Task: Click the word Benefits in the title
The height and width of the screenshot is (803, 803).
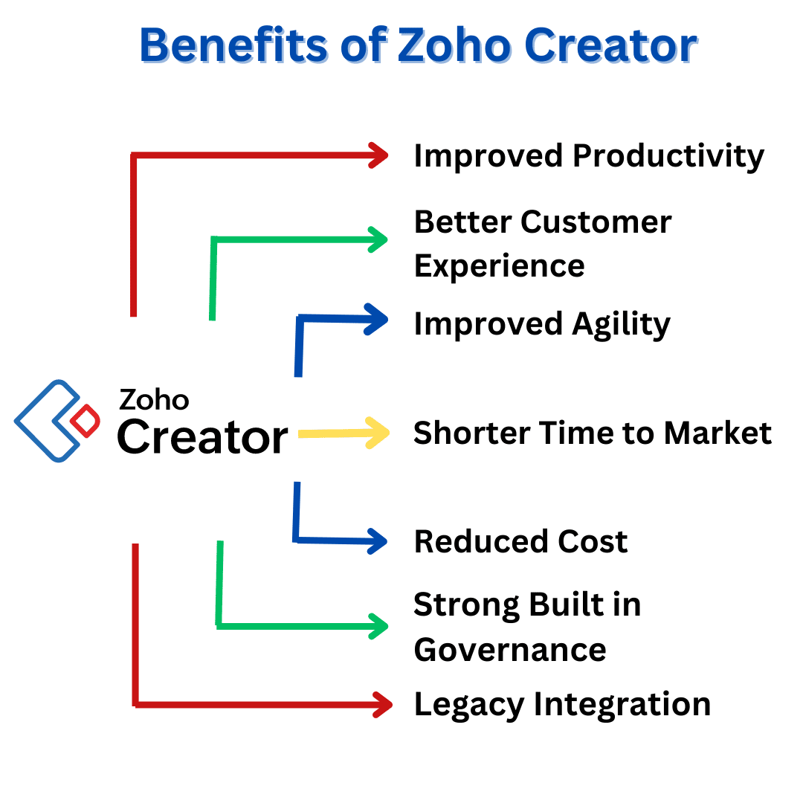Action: pyautogui.click(x=233, y=45)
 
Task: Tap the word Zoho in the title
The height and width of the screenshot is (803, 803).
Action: pyautogui.click(x=454, y=45)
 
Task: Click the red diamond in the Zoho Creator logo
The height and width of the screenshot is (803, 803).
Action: pyautogui.click(x=85, y=421)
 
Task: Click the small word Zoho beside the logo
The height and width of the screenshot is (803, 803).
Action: pyautogui.click(x=154, y=399)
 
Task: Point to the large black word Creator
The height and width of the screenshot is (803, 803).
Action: pyautogui.click(x=203, y=437)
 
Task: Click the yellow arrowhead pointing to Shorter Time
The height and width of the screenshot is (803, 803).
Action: pyautogui.click(x=378, y=433)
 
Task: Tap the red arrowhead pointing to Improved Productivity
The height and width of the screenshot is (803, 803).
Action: pyautogui.click(x=378, y=155)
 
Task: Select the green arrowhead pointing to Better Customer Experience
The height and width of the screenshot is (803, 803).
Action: pyautogui.click(x=378, y=239)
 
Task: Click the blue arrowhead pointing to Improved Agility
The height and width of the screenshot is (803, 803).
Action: pyautogui.click(x=376, y=320)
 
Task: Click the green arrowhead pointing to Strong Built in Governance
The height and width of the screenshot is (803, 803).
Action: pyautogui.click(x=378, y=626)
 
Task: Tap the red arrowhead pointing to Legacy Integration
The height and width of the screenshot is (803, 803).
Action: pyautogui.click(x=383, y=705)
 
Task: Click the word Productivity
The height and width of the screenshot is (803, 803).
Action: pyautogui.click(x=668, y=156)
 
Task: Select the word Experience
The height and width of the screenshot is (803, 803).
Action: pyautogui.click(x=500, y=267)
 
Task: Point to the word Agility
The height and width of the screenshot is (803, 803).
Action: pyautogui.click(x=621, y=325)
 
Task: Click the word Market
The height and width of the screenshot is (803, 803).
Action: pyautogui.click(x=718, y=433)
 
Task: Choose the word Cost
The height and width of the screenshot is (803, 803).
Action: pyautogui.click(x=593, y=542)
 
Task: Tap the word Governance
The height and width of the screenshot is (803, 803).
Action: pyautogui.click(x=510, y=651)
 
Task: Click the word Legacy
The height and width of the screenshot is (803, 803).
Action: pyautogui.click(x=469, y=705)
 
